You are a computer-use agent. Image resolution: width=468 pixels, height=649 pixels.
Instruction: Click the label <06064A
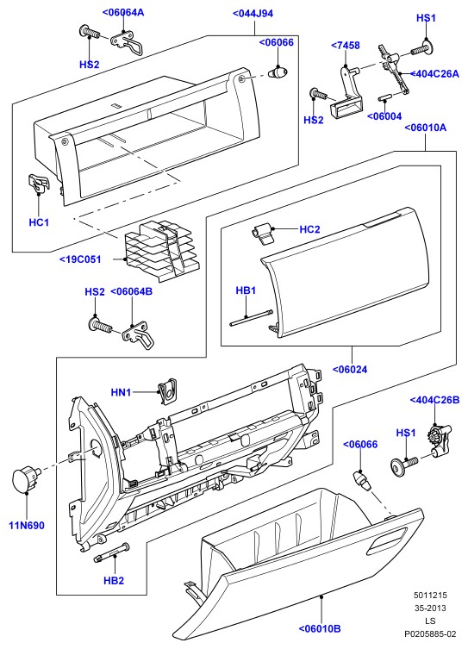click(123, 12)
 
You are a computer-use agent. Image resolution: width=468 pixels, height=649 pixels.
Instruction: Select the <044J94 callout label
click(253, 14)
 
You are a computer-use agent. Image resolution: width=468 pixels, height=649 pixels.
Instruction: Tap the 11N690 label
click(27, 526)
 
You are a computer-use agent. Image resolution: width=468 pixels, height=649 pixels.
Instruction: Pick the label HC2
click(309, 229)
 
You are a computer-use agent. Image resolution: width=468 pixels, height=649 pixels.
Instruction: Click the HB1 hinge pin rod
click(251, 318)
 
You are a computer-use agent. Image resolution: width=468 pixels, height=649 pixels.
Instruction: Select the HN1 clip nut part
click(167, 390)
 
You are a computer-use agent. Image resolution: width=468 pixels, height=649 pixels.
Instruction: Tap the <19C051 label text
click(80, 259)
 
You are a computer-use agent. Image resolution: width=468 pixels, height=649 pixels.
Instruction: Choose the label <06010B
click(320, 628)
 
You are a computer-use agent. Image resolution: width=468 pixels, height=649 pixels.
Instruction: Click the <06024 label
click(350, 369)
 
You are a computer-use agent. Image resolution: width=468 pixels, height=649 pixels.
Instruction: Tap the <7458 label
click(346, 45)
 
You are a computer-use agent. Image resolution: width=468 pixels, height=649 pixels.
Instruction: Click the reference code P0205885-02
click(430, 633)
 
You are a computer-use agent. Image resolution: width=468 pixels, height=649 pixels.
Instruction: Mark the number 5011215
click(430, 596)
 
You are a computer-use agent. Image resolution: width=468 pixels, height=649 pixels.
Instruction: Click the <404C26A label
click(435, 74)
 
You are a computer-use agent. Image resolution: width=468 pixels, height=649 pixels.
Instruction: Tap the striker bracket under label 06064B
click(139, 335)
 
